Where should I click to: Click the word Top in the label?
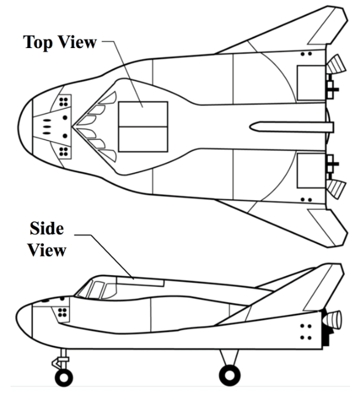tap(38, 42)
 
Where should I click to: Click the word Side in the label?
tap(47, 228)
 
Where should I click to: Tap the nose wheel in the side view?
tap(64, 378)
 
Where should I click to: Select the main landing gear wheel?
tap(229, 375)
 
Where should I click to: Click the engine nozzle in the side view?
tap(332, 320)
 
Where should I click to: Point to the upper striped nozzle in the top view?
tap(336, 64)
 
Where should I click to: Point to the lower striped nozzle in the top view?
tap(336, 189)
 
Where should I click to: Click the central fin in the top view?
tap(292, 127)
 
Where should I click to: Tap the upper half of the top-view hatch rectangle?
tap(143, 114)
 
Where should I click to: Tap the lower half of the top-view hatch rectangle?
tap(143, 139)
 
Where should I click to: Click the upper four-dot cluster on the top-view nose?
tap(64, 102)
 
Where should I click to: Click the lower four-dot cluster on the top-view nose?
tap(64, 152)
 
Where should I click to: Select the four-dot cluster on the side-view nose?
tap(62, 313)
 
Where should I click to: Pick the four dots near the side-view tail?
tap(306, 332)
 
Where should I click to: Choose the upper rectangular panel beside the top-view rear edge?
tap(311, 83)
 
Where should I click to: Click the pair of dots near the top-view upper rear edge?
tap(306, 54)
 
